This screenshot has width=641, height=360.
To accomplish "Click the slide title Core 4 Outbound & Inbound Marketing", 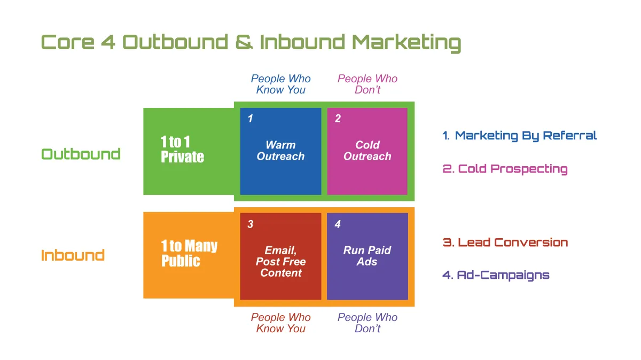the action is click(x=251, y=43).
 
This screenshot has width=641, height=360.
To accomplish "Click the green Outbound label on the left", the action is click(x=81, y=154).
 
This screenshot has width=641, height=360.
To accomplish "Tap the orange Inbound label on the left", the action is click(x=73, y=255).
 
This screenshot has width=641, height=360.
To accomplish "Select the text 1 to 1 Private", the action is click(x=182, y=150).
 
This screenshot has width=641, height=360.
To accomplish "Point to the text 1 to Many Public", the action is click(x=189, y=253).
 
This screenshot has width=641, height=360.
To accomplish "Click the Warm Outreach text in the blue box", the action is click(x=280, y=151).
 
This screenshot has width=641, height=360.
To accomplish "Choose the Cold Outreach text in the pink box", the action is click(x=367, y=151).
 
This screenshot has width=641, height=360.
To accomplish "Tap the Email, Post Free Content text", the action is click(x=281, y=262).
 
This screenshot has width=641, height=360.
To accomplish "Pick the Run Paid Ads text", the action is click(x=367, y=256).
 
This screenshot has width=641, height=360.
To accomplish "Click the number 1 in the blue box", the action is click(x=251, y=119).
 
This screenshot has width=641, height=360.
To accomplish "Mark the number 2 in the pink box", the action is click(x=338, y=119).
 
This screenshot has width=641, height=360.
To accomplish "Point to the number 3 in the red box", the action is click(x=251, y=224).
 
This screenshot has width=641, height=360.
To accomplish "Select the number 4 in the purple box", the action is click(x=338, y=224).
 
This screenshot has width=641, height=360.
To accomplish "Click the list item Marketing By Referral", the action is click(x=519, y=136).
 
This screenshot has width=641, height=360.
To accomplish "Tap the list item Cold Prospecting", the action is click(x=505, y=169).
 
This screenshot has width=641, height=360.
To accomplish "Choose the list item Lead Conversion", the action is click(x=505, y=242).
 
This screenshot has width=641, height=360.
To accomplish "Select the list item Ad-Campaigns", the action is click(x=496, y=275).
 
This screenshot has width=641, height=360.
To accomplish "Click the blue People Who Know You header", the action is click(x=281, y=84).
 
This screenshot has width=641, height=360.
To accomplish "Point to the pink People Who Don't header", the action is click(x=368, y=84).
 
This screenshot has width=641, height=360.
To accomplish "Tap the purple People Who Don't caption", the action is click(x=368, y=323).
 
